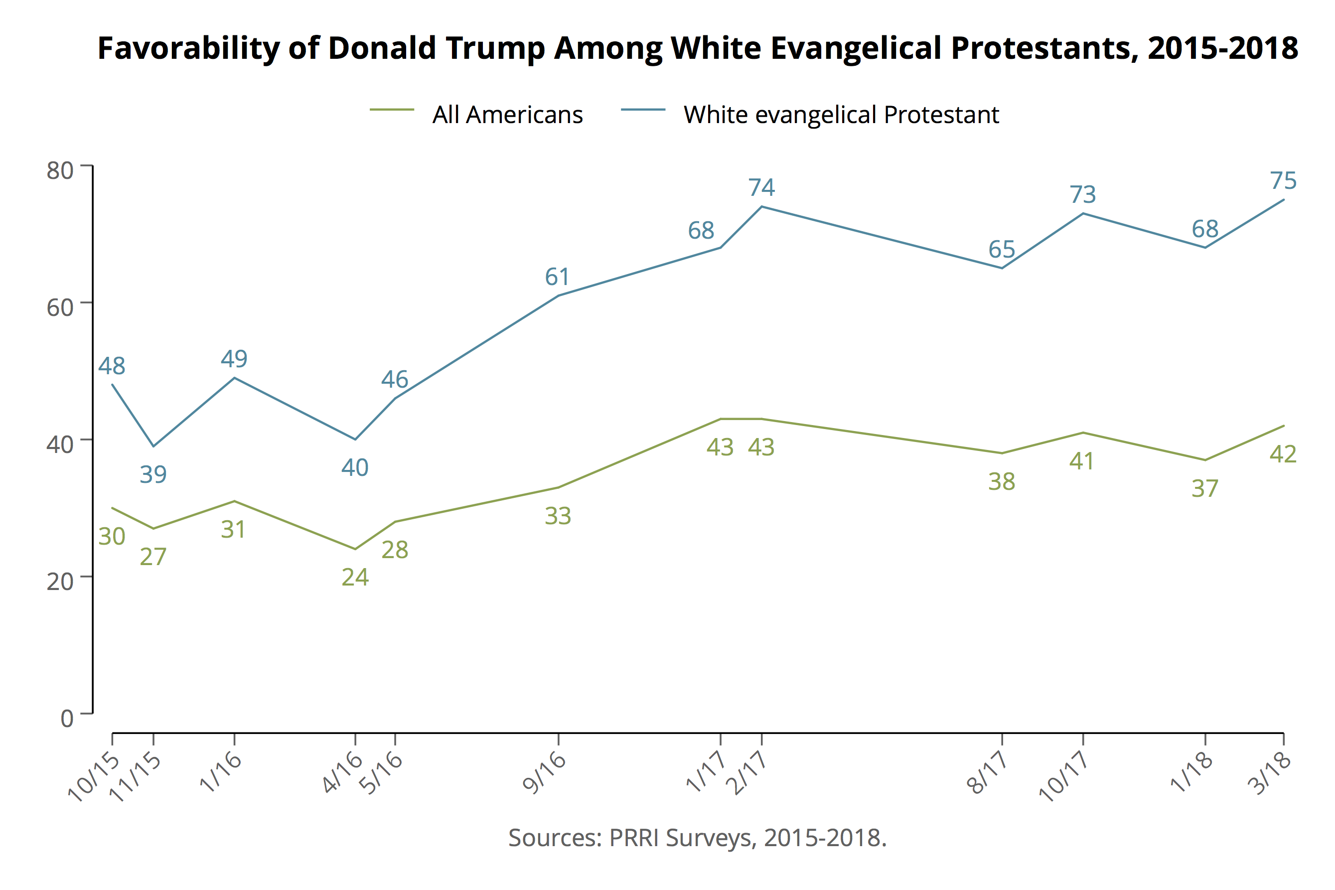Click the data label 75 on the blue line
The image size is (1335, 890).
(1283, 181)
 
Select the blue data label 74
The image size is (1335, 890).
(761, 188)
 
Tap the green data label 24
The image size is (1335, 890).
(355, 577)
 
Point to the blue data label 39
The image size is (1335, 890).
(153, 474)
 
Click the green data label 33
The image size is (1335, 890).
(558, 516)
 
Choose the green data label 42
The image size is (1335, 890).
(1283, 454)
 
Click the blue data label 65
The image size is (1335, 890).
(1001, 250)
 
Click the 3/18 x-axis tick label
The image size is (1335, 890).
(1270, 774)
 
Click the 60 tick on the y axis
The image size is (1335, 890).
(60, 307)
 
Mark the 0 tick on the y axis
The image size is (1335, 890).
(67, 719)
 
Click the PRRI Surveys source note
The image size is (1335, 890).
(697, 838)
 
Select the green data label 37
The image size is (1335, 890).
(1204, 489)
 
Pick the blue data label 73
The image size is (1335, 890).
(1082, 195)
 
